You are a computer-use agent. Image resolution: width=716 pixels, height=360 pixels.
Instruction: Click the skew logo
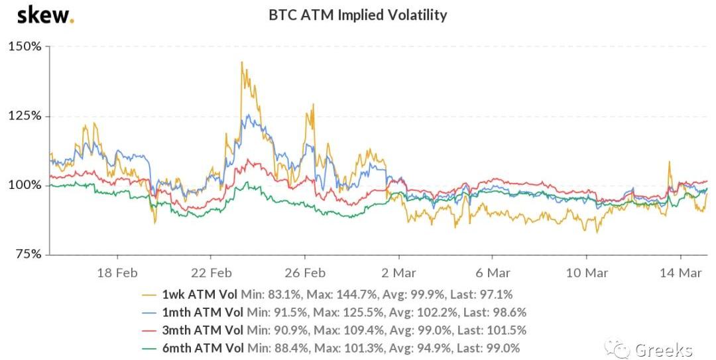[44, 15]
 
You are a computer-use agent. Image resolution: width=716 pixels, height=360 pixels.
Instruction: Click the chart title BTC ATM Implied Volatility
[358, 15]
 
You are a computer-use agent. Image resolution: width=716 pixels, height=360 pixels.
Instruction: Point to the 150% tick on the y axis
[25, 47]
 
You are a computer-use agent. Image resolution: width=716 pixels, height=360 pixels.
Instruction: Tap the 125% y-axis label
[25, 116]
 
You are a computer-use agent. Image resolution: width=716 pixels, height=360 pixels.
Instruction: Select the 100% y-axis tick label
[25, 185]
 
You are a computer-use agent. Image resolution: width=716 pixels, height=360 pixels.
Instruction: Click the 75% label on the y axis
[27, 254]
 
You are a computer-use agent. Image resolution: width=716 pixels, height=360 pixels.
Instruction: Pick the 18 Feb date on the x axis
[117, 272]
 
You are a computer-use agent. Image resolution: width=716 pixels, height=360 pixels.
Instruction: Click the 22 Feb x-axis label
[211, 272]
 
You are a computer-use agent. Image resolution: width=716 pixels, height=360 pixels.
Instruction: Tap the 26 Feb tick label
[305, 272]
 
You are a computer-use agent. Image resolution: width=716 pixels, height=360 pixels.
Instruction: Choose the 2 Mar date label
[398, 272]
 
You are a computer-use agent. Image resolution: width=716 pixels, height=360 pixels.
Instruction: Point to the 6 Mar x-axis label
[493, 272]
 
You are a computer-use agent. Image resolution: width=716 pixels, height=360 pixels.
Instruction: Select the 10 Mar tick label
[587, 272]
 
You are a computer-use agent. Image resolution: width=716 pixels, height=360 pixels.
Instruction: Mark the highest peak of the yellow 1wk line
[241, 62]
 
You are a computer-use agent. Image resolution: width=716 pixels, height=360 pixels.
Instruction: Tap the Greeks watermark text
[663, 349]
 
